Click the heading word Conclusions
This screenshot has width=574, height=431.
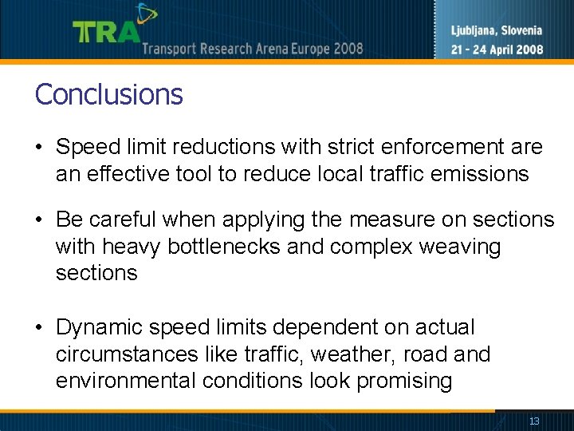[109, 94]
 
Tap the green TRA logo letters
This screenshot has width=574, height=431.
[106, 32]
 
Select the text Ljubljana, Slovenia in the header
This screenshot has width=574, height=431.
[496, 31]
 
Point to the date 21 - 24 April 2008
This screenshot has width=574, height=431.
[497, 49]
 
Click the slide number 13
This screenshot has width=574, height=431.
[534, 421]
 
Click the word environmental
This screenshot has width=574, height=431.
[125, 381]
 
